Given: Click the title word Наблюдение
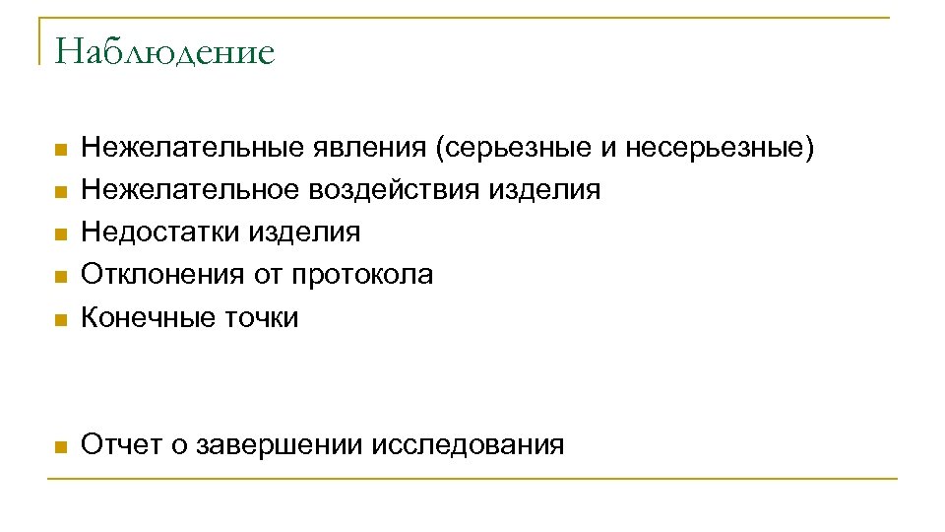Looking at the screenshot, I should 164,51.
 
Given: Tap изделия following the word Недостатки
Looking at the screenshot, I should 304,232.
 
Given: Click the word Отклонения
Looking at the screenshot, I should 161,274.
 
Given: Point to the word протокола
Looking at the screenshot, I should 361,274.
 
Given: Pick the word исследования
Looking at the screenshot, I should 469,444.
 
